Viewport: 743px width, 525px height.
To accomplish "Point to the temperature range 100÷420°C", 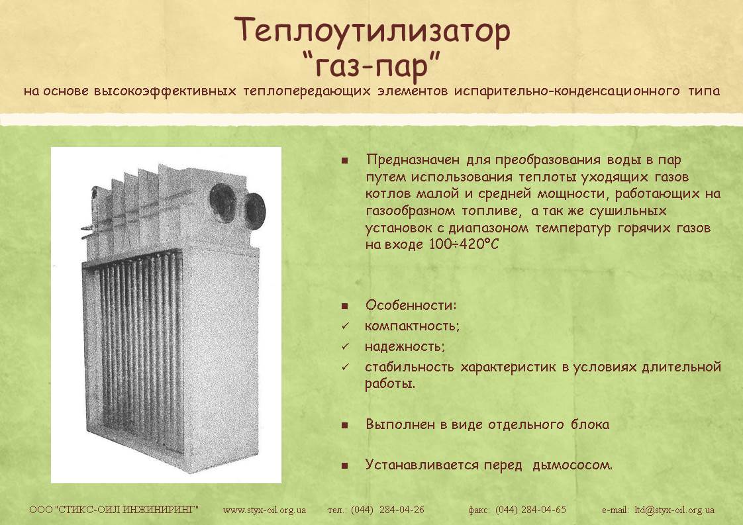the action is coord(464,244).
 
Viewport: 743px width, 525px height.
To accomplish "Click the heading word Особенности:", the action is coord(411,305).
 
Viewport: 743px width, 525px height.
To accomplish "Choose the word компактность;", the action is coord(413,326).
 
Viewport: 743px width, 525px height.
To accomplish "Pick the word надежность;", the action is coord(405,346).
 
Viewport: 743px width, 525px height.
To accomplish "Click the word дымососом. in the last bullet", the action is coord(572,465).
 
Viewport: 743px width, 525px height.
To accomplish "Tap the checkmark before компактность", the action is coord(345,326).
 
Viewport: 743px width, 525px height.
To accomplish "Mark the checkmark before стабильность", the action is coord(345,367).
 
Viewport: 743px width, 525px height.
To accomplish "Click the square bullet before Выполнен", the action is coord(344,425).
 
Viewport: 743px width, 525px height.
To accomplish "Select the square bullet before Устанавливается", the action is coord(344,466).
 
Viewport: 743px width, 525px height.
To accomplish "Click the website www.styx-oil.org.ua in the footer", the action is coord(264,510).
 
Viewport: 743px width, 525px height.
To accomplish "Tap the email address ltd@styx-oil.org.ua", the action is coord(674,510).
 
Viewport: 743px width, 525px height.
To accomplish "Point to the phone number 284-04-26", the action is coord(402,510).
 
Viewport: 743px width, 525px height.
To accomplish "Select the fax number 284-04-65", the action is coord(544,510).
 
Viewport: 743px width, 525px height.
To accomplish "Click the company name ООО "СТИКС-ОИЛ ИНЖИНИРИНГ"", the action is coord(114,510).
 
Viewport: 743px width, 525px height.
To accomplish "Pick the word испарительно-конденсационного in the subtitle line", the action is coord(567,91).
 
